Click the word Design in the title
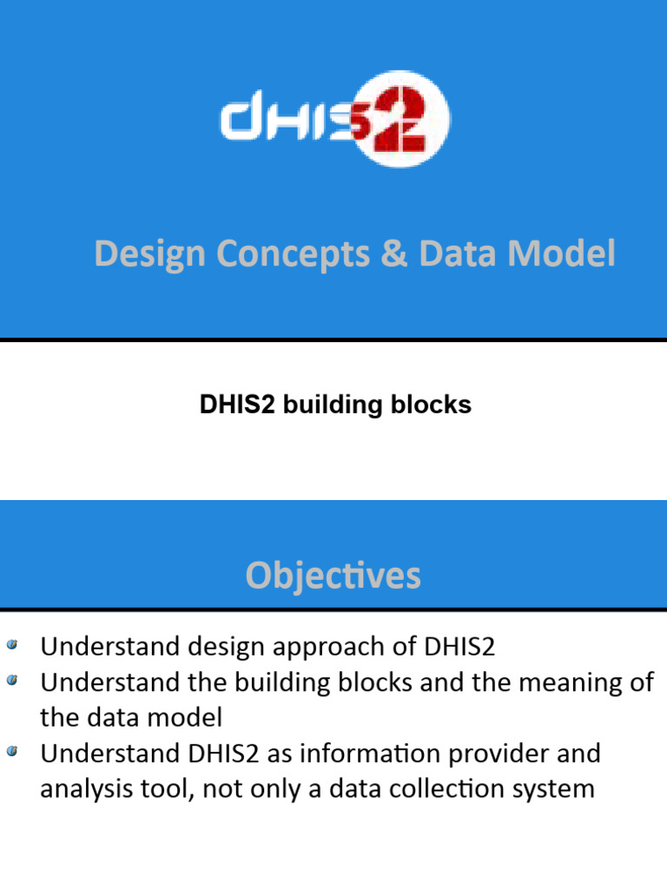(150, 254)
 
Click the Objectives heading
(333, 576)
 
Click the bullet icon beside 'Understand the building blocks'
(11, 681)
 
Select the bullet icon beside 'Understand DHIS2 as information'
(11, 752)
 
